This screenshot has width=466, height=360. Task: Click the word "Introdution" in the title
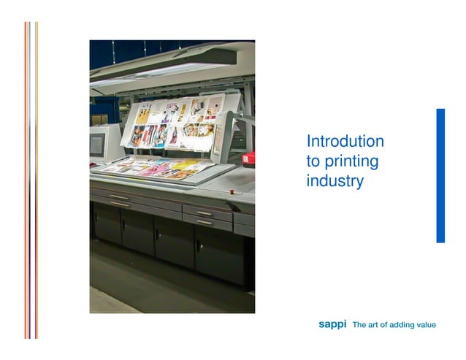(345, 142)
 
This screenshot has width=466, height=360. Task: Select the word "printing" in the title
(351, 161)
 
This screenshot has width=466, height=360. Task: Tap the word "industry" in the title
(335, 180)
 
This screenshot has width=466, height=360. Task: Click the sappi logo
(332, 324)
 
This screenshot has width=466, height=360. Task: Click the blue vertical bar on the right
(440, 175)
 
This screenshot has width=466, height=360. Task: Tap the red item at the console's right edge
(250, 158)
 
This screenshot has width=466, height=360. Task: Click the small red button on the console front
(232, 191)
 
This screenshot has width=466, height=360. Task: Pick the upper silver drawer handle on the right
(205, 213)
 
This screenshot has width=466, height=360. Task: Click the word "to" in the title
(313, 161)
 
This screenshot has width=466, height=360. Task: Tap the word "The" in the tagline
(359, 325)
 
